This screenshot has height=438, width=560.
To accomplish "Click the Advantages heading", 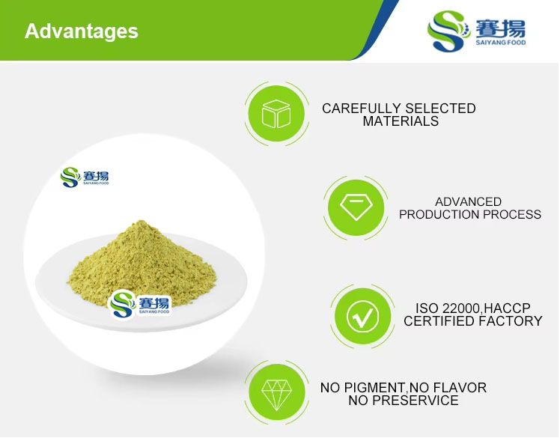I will point(81,31).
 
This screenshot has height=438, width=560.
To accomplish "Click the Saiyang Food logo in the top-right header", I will point(476,31).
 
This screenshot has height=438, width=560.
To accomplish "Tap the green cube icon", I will point(276,115).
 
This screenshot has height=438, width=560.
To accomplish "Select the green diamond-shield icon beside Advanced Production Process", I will point(356,207).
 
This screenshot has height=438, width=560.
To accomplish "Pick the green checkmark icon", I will point(363,317).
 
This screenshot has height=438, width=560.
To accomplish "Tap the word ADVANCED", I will point(468,202).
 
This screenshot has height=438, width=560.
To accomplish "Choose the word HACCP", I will point(516,308).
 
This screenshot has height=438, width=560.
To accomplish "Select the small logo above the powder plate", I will point(85,177).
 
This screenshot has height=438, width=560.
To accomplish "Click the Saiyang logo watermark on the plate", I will point(140,303).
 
